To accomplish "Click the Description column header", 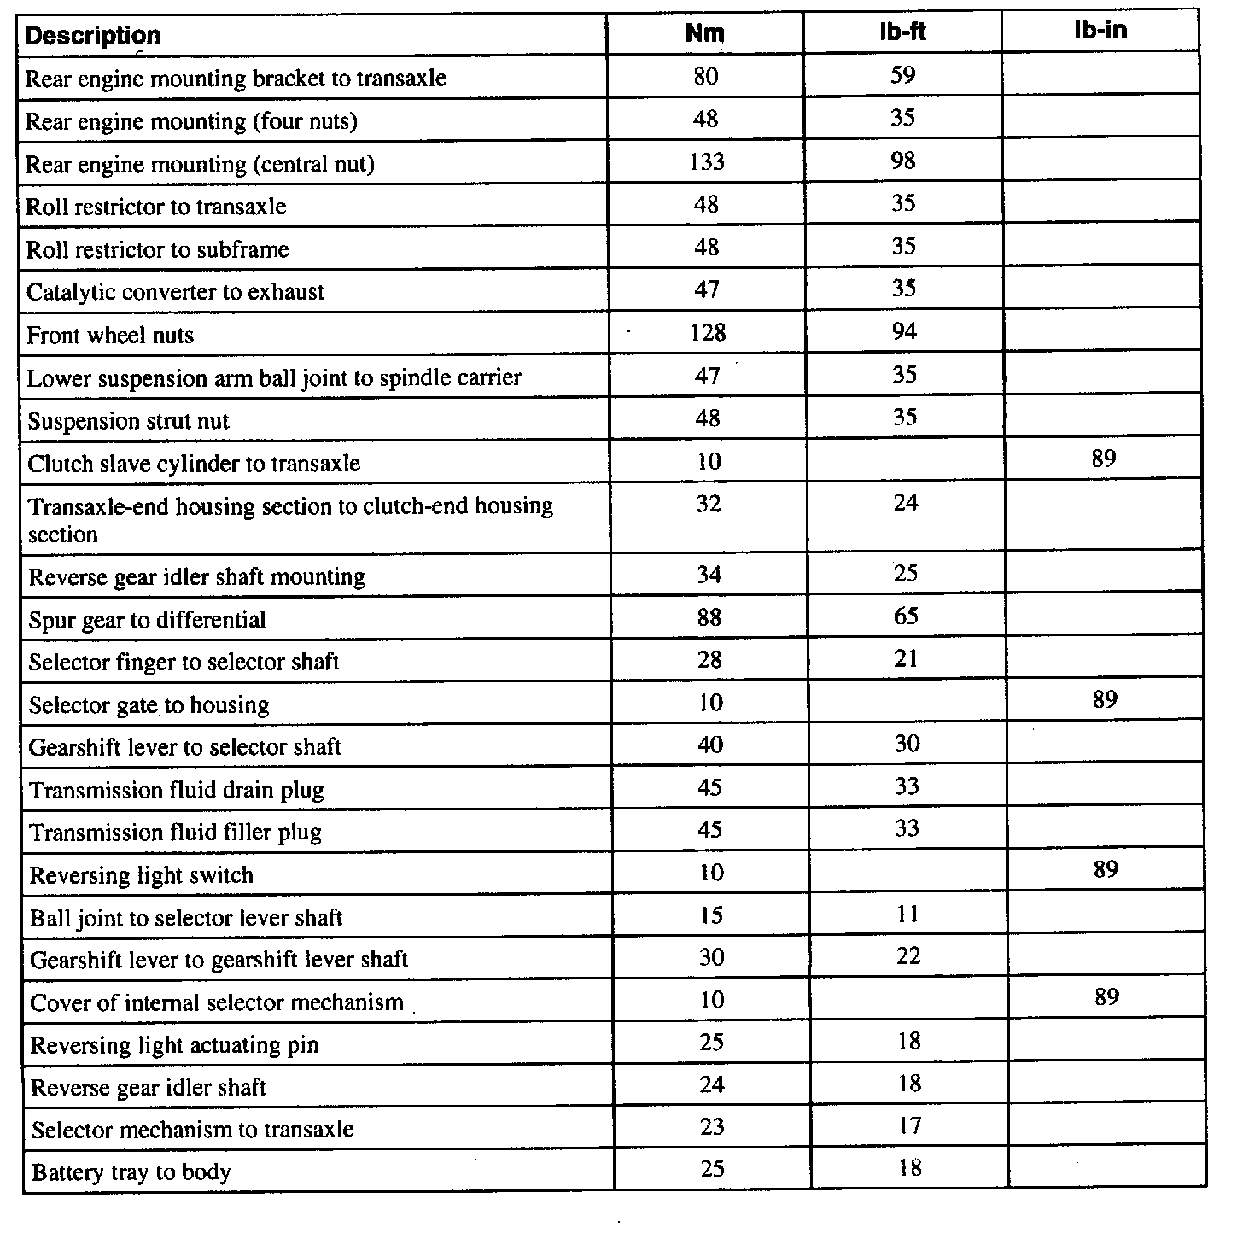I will (x=93, y=36).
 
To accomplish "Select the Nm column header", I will (x=705, y=33).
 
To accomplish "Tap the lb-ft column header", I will (x=902, y=32).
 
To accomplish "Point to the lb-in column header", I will (x=1100, y=31).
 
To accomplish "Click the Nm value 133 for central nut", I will (x=707, y=161).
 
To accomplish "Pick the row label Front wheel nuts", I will (x=110, y=336).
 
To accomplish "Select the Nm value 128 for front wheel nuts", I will (x=708, y=332).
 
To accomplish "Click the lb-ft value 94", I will (x=904, y=331).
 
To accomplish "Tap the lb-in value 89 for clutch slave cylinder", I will (x=1103, y=459).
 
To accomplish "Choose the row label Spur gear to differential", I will (x=147, y=620).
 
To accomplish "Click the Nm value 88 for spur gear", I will (x=709, y=617).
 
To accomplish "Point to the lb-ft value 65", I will (x=906, y=616).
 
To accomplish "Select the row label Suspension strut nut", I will (x=128, y=422).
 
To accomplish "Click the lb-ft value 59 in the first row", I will (x=902, y=75).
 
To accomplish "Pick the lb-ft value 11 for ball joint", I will (x=908, y=915).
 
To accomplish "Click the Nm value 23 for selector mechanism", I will (x=712, y=1127).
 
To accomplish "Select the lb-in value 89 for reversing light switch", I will (x=1106, y=870).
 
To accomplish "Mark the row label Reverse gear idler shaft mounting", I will (x=196, y=578).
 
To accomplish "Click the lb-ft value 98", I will (x=903, y=161).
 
